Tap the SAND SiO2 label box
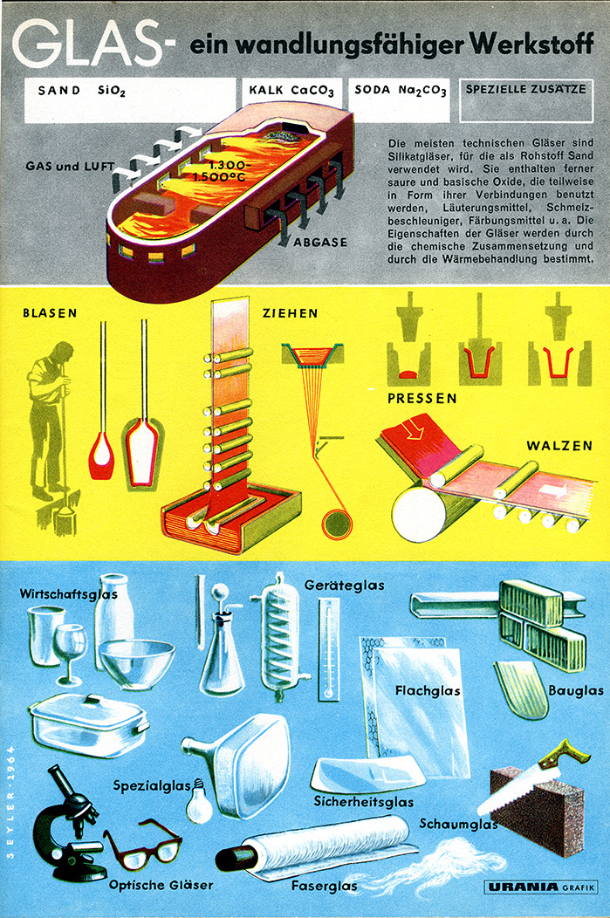(130, 100)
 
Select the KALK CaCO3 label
(291, 91)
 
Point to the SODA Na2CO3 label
(401, 90)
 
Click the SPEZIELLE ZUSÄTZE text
(525, 90)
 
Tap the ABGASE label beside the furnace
(320, 242)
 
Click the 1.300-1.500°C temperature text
(220, 170)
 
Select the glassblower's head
(63, 353)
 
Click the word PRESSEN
(422, 398)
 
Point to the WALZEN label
(559, 446)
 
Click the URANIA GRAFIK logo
(541, 887)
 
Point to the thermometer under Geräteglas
(328, 648)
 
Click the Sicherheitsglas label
(364, 801)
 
